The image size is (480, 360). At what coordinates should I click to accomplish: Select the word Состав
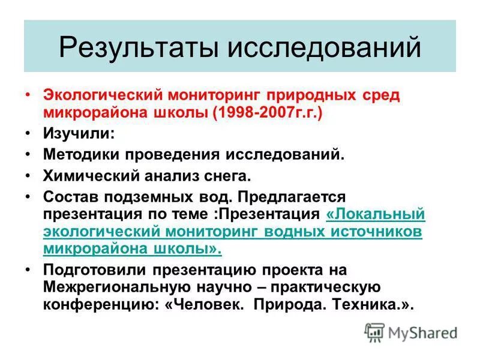pyautogui.click(x=71, y=197)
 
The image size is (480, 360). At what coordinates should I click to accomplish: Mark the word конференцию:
pyautogui.click(x=101, y=304)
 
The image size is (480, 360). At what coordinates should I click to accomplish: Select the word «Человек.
pyautogui.click(x=205, y=304)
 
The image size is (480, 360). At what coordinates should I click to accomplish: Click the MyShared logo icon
pyautogui.click(x=374, y=332)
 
